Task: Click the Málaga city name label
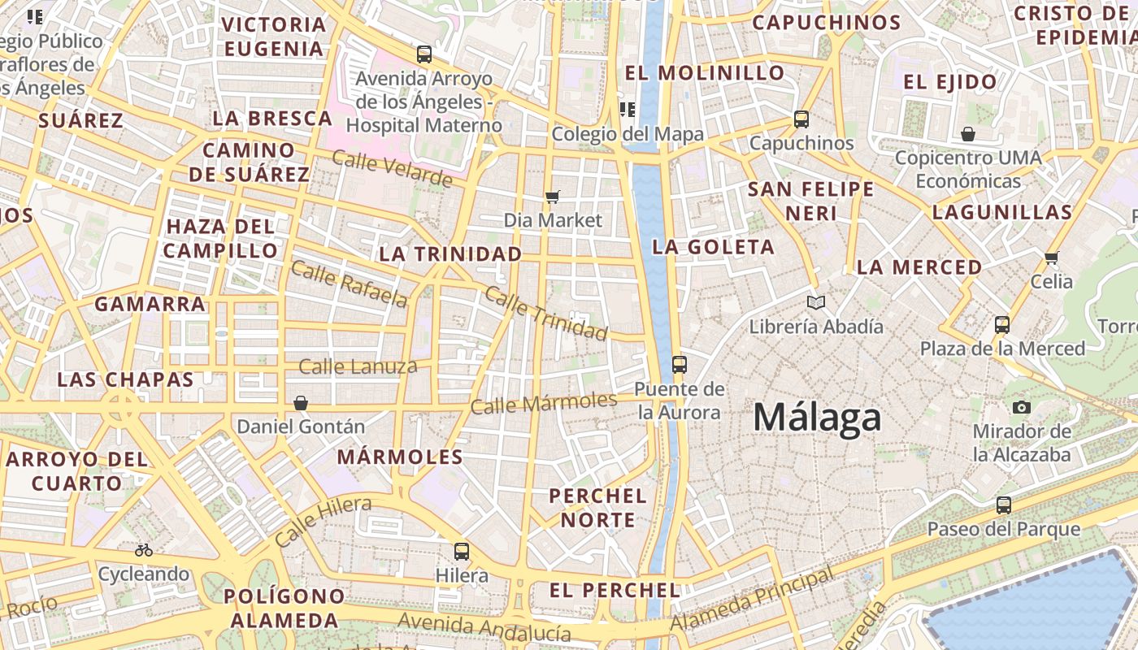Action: [x=817, y=418]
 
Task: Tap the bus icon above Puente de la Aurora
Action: [x=680, y=364]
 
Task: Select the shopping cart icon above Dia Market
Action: [x=553, y=196]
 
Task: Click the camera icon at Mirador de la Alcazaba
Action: [x=1022, y=407]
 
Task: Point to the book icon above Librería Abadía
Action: [x=816, y=303]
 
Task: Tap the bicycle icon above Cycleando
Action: [x=144, y=550]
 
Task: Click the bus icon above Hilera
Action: [x=462, y=551]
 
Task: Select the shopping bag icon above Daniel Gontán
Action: [x=301, y=402]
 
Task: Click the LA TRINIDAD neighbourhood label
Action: [x=450, y=254]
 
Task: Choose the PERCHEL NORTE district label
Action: [x=597, y=508]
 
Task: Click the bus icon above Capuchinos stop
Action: [x=801, y=119]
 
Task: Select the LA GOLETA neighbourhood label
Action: [x=713, y=247]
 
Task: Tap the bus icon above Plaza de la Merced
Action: [x=1002, y=325]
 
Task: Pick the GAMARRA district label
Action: [x=150, y=305]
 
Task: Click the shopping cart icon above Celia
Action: [x=1051, y=258]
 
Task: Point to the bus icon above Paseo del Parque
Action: [x=1004, y=505]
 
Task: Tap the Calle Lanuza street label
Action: [x=358, y=366]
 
